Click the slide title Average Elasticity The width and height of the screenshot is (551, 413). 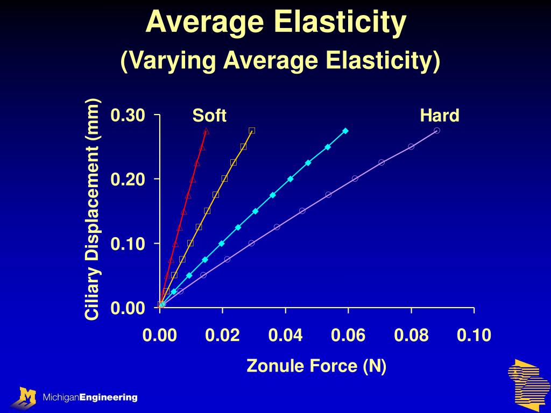pyautogui.click(x=275, y=23)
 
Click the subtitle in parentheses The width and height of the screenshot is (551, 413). pyautogui.click(x=280, y=60)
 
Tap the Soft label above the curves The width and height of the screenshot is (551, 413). pyautogui.click(x=209, y=116)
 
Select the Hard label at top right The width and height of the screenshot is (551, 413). pyautogui.click(x=440, y=116)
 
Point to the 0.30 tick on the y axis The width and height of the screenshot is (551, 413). pyautogui.click(x=128, y=115)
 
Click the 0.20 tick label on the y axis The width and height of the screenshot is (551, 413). pyautogui.click(x=128, y=179)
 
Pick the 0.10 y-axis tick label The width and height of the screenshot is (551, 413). pyautogui.click(x=128, y=244)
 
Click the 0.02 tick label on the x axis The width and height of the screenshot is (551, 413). pyautogui.click(x=223, y=336)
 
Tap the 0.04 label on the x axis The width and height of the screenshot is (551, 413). pyautogui.click(x=286, y=336)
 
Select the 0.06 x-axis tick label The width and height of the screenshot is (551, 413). pyautogui.click(x=348, y=336)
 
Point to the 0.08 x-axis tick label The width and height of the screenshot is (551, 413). pyautogui.click(x=411, y=336)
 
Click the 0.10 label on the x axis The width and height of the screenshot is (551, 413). pyautogui.click(x=474, y=336)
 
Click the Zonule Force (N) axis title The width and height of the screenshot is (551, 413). pyautogui.click(x=316, y=366)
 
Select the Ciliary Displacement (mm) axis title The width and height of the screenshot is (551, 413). pyautogui.click(x=93, y=210)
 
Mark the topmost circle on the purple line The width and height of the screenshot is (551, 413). pyautogui.click(x=437, y=131)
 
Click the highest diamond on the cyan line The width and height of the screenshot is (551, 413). pyautogui.click(x=345, y=131)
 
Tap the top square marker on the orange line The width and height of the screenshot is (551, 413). pyautogui.click(x=252, y=131)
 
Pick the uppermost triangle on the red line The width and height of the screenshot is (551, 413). pyautogui.click(x=206, y=131)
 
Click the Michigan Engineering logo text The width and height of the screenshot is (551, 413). pyautogui.click(x=90, y=397)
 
